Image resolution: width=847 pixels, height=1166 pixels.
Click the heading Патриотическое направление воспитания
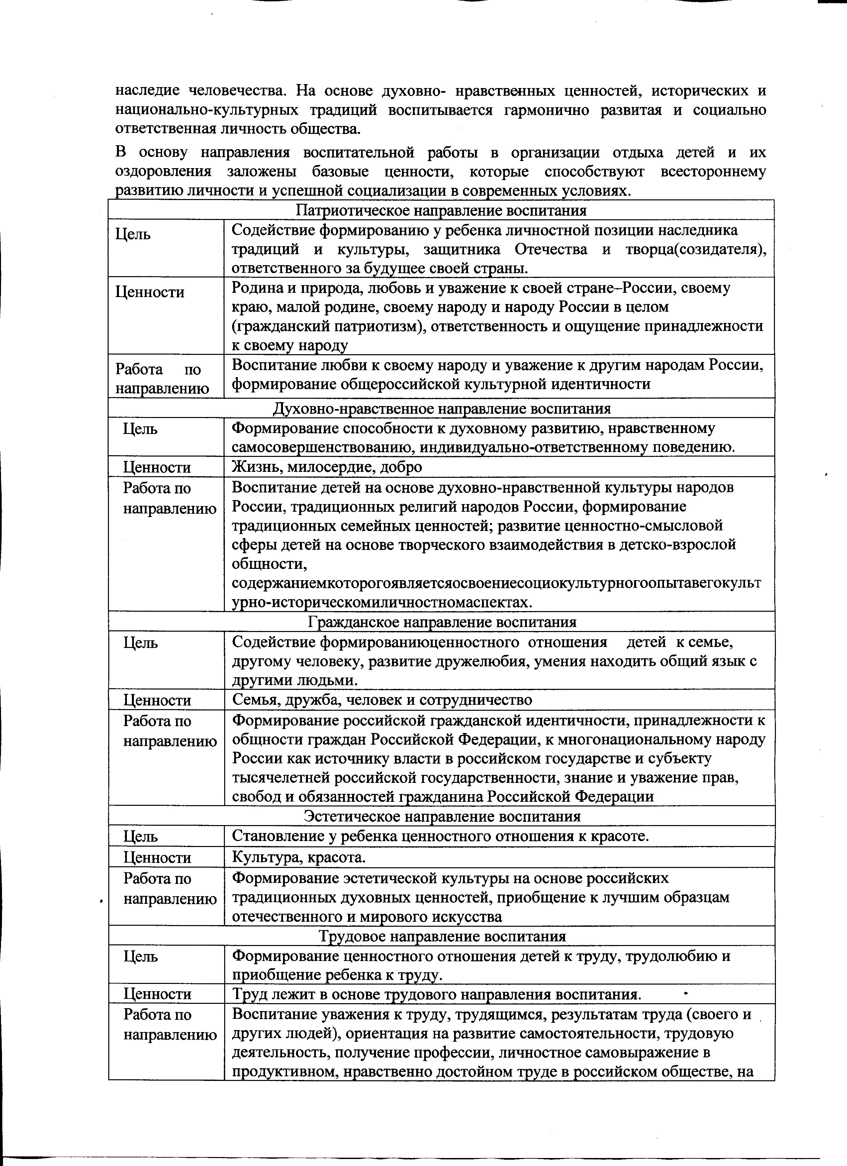coord(441,210)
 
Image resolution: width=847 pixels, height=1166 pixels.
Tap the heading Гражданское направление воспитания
coord(441,622)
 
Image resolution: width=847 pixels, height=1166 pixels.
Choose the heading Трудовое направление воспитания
coord(441,936)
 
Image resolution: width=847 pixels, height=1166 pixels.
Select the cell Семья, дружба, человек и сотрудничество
coord(382,700)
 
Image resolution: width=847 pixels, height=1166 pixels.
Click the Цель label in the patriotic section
coord(133,235)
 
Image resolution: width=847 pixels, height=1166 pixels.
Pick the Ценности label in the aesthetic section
coord(157,858)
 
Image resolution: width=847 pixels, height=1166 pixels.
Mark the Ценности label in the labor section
coord(157,994)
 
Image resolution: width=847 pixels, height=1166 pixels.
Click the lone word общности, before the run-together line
coord(269,564)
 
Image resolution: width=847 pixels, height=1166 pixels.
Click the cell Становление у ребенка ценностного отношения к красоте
coord(440,836)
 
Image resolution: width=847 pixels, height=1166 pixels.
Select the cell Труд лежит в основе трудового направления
coord(436,994)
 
